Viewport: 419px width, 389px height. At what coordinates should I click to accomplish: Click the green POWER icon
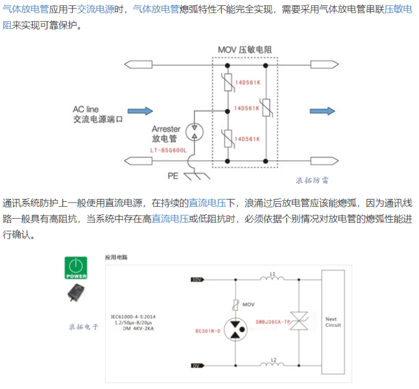coord(76,268)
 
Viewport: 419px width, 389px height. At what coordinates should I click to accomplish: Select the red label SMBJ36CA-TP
coord(272,321)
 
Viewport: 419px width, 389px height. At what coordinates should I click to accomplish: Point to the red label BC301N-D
coord(208,330)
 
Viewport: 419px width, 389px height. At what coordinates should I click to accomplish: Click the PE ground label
coord(173,176)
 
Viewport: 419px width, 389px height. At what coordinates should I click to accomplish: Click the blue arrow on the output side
coord(322,111)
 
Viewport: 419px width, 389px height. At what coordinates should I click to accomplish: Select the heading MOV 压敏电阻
coord(245,50)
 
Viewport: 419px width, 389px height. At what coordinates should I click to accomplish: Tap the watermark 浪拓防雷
coord(312,180)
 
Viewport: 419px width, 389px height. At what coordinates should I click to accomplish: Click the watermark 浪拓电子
coord(83,327)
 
